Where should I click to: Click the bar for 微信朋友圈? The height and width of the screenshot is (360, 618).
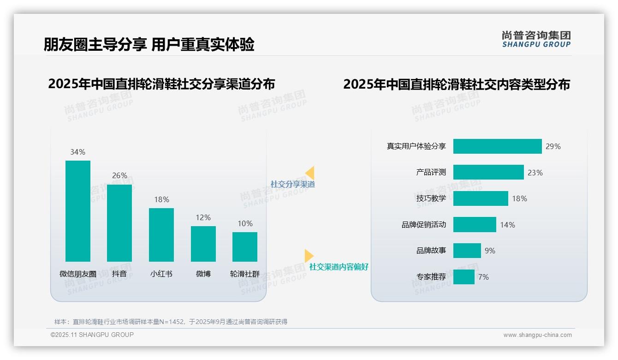click(78, 211)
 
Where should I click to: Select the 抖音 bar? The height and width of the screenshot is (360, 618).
click(119, 223)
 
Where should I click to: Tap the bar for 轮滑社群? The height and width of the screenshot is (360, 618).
click(245, 246)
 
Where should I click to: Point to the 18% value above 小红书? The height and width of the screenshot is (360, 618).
click(161, 199)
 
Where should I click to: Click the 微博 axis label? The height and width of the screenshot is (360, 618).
click(203, 274)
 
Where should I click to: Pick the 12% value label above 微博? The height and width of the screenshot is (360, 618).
click(203, 217)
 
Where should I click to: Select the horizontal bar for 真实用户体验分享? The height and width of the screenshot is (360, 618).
click(497, 146)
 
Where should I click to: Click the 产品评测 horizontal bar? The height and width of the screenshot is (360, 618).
click(488, 172)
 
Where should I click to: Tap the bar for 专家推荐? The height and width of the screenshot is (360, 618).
click(463, 277)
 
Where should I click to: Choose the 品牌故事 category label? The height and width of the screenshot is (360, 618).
click(431, 251)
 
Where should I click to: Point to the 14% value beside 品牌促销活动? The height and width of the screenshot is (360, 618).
click(507, 225)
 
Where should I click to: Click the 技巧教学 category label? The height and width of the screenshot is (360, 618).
click(431, 198)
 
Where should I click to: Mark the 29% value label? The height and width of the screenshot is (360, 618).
click(553, 146)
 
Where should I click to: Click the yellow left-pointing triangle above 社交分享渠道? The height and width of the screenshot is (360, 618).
click(310, 173)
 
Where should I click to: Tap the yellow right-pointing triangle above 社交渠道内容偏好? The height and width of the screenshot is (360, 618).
click(309, 256)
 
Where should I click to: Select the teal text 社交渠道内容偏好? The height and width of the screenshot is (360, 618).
click(339, 267)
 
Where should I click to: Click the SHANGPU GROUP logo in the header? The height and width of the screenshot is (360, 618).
click(536, 39)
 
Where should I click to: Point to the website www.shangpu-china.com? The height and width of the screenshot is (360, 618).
click(537, 335)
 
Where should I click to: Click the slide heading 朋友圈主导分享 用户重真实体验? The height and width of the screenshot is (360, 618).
click(149, 45)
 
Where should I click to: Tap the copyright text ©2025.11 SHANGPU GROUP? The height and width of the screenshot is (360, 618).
click(92, 335)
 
